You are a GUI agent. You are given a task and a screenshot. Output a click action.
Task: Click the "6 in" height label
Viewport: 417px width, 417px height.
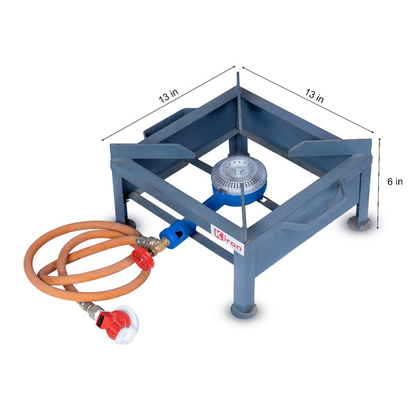(395, 181)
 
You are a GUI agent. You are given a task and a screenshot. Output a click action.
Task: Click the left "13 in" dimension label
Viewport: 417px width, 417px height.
(168, 96)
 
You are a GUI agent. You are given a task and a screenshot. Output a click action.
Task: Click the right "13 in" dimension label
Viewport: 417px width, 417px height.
(314, 96)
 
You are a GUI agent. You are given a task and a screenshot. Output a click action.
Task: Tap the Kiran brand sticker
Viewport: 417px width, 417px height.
(227, 240)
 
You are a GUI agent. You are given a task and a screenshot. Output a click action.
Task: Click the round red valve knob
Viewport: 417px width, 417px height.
(143, 259)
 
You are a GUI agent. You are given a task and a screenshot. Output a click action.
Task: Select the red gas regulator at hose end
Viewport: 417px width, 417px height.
(117, 325)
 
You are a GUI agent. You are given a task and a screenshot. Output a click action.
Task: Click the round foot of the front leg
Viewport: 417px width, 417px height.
(244, 311)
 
